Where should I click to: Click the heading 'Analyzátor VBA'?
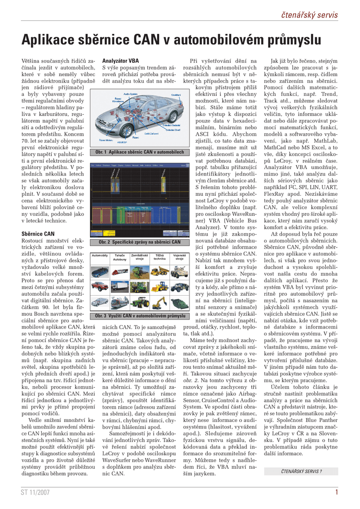pyautogui.click(x=120, y=61)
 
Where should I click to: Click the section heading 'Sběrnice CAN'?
pyautogui.click(x=38, y=233)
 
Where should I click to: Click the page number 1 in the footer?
pyautogui.click(x=337, y=492)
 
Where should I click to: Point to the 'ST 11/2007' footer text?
pyautogui.click(x=35, y=492)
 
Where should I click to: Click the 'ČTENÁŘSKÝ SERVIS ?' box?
pyautogui.click(x=302, y=471)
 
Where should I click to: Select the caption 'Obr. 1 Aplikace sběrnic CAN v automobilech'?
pyautogui.click(x=140, y=152)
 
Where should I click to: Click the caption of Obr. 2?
pyautogui.click(x=140, y=242)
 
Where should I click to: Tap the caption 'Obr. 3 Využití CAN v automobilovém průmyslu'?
pyautogui.click(x=140, y=316)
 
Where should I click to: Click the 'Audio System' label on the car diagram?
pyautogui.click(x=131, y=93)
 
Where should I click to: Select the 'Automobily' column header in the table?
pyautogui.click(x=99, y=255)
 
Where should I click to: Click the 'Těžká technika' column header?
pyautogui.click(x=160, y=257)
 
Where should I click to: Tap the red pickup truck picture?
pyautogui.click(x=99, y=286)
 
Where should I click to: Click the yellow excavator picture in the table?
pyautogui.click(x=160, y=302)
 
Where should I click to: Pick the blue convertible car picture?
pyautogui.click(x=99, y=271)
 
